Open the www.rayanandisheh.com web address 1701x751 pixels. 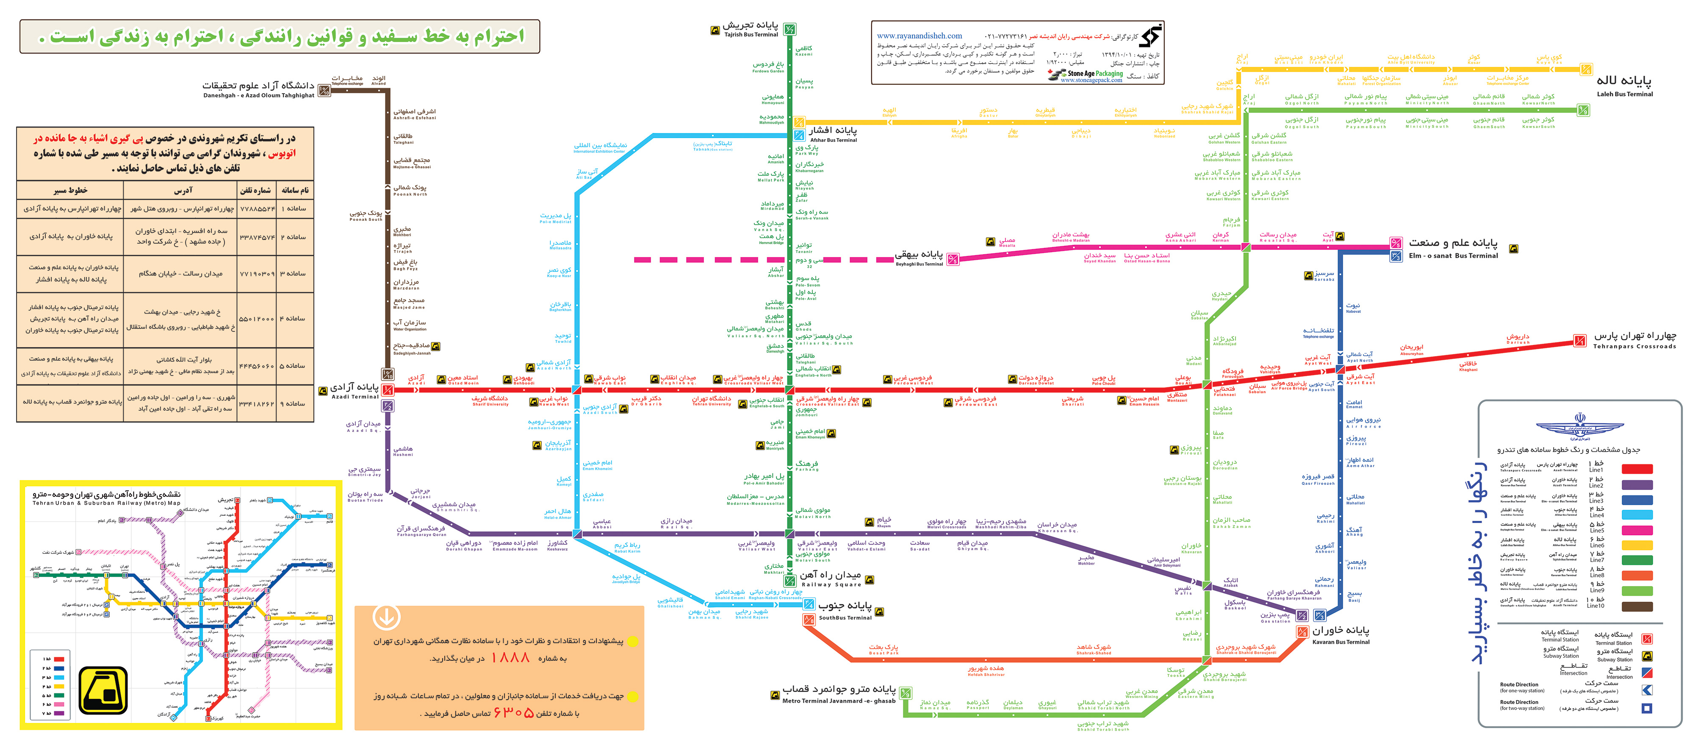pyautogui.click(x=919, y=36)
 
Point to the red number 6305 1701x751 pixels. pyautogui.click(x=513, y=713)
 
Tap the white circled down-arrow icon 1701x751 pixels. pyautogui.click(x=386, y=617)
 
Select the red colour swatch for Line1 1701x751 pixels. pyautogui.click(x=1637, y=469)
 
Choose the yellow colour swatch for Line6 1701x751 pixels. pyautogui.click(x=1637, y=545)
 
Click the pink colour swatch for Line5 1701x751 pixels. pyautogui.click(x=1637, y=530)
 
